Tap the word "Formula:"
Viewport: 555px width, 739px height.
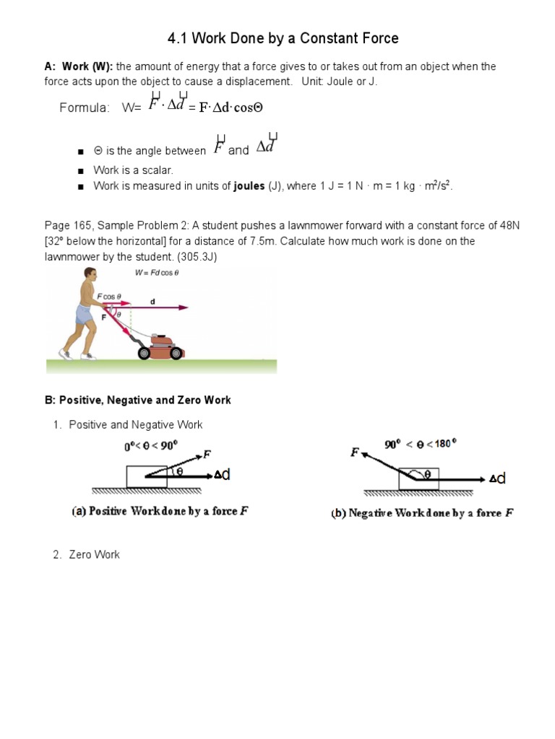click(85, 108)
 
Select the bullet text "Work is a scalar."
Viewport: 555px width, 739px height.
click(134, 170)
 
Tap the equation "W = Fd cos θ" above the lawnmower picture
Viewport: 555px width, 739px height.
click(157, 273)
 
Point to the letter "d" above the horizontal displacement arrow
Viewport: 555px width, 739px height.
click(152, 300)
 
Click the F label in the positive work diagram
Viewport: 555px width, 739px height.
click(207, 455)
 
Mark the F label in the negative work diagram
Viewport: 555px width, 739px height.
click(355, 452)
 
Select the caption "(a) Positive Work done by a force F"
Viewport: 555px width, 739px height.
click(160, 512)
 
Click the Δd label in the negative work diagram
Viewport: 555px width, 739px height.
click(498, 478)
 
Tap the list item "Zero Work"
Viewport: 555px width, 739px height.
click(95, 554)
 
